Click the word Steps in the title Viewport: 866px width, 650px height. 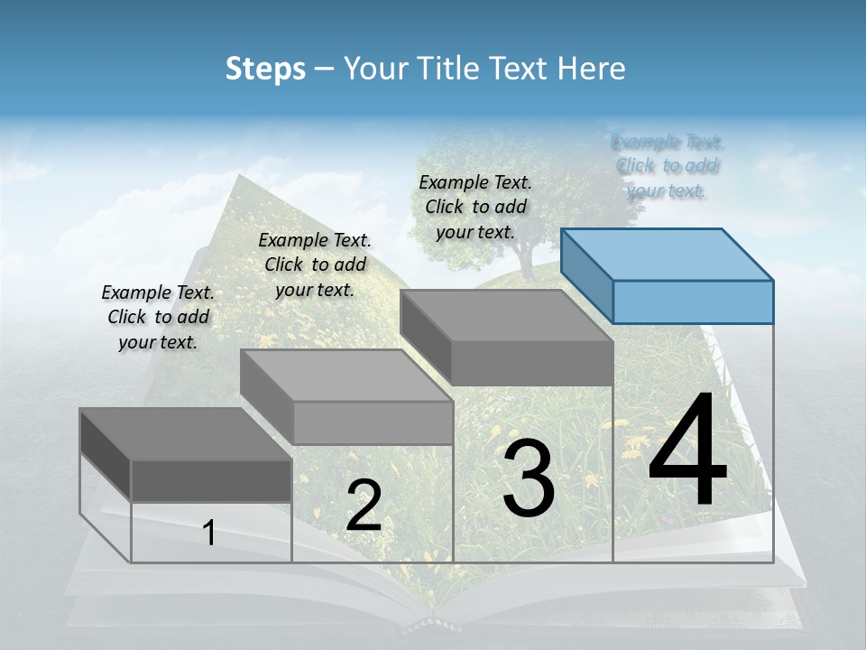(265, 69)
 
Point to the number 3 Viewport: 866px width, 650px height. (528, 478)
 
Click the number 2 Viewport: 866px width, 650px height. (364, 506)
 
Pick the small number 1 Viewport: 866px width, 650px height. (209, 533)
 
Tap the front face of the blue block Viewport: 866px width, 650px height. (693, 302)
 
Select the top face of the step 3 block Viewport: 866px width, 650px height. (506, 316)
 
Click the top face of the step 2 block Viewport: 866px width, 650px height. (346, 376)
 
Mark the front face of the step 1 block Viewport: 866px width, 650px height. (211, 480)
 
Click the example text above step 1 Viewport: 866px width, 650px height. (158, 317)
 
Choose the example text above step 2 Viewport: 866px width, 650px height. (315, 265)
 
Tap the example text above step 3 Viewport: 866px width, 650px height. (475, 207)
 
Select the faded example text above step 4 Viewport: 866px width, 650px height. (668, 166)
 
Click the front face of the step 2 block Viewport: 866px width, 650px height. (373, 422)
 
